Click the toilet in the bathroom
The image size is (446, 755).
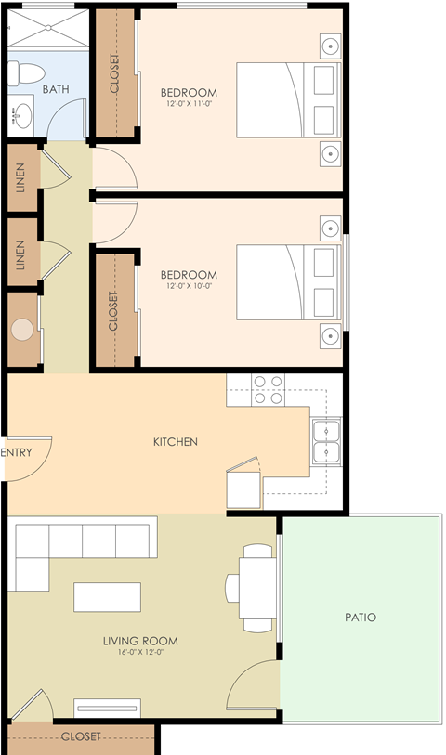[27, 73]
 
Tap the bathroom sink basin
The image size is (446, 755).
[22, 115]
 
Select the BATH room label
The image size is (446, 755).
[56, 89]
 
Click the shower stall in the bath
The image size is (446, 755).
[48, 29]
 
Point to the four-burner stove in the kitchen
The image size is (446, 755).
[268, 389]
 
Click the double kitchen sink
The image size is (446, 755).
[326, 441]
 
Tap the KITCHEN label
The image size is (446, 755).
[176, 441]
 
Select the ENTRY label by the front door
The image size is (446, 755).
[17, 452]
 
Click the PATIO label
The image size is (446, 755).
[361, 618]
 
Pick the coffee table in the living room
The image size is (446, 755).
[108, 597]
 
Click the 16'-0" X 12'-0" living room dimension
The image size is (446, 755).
[140, 653]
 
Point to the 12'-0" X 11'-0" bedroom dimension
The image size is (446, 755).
[189, 103]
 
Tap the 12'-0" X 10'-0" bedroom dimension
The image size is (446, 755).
[189, 285]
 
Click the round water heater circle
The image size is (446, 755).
[22, 330]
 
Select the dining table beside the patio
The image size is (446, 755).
[257, 588]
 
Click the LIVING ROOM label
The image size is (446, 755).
[140, 641]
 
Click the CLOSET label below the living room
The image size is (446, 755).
[81, 736]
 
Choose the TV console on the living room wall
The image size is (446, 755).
[108, 709]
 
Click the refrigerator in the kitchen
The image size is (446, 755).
[244, 489]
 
